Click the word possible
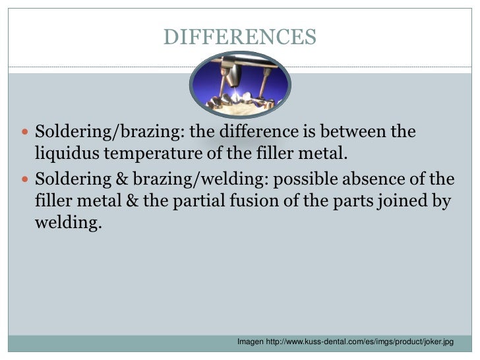299,179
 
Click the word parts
338,202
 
